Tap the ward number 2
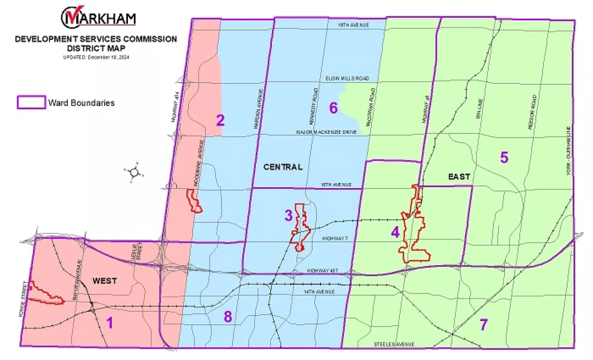[221, 120]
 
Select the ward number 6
[333, 108]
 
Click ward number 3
[288, 215]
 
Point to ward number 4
[395, 232]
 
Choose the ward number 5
[504, 158]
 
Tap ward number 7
[483, 325]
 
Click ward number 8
[227, 317]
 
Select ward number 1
[110, 322]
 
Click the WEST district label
[105, 281]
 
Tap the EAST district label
[459, 177]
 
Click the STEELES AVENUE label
[394, 344]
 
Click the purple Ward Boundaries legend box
[31, 102]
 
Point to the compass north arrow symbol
[134, 172]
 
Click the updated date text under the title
[96, 57]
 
